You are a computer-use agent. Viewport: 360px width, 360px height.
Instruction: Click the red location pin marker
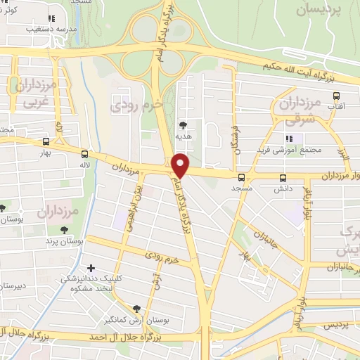[x=181, y=165]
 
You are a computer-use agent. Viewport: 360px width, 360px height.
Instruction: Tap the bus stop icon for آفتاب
[x=336, y=96]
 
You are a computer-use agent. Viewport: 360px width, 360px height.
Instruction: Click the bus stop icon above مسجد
[x=241, y=177]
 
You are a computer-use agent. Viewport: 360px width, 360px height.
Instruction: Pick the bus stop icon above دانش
[x=283, y=178]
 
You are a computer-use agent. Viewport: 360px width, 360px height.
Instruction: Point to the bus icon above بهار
[x=46, y=141]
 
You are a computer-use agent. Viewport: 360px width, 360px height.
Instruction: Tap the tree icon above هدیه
[x=184, y=124]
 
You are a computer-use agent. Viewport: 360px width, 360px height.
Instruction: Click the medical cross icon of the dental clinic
[x=91, y=268]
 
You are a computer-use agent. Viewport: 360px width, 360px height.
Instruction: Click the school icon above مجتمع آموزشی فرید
[x=288, y=138]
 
